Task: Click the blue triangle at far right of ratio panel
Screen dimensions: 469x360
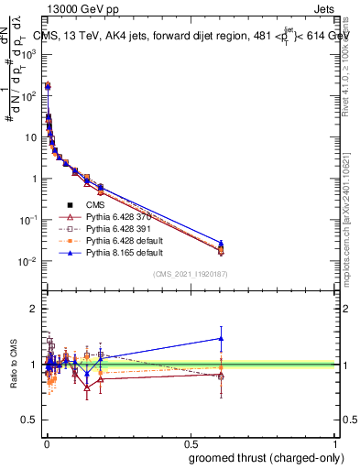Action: (x=221, y=338)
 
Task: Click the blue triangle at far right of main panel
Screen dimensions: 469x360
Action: (x=221, y=243)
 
